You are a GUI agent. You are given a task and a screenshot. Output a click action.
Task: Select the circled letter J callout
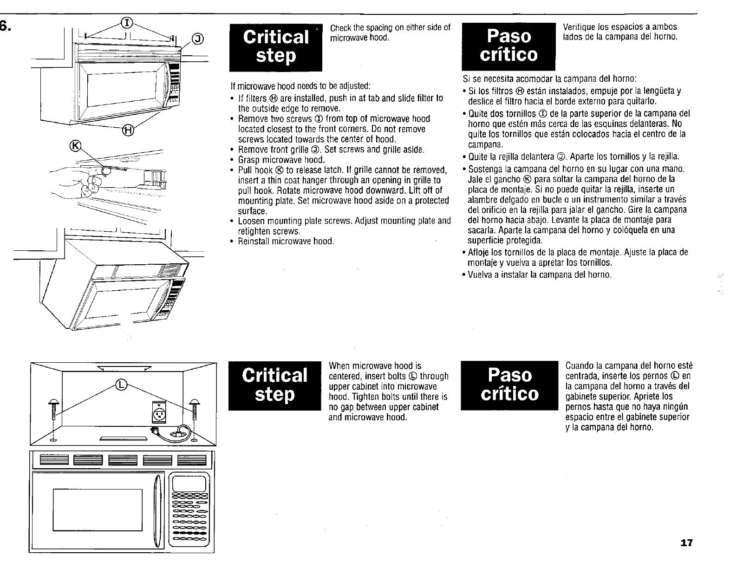click(198, 39)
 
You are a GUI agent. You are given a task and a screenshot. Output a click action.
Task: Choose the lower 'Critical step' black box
click(275, 385)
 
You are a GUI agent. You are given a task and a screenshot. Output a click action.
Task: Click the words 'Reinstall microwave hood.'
click(286, 242)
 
